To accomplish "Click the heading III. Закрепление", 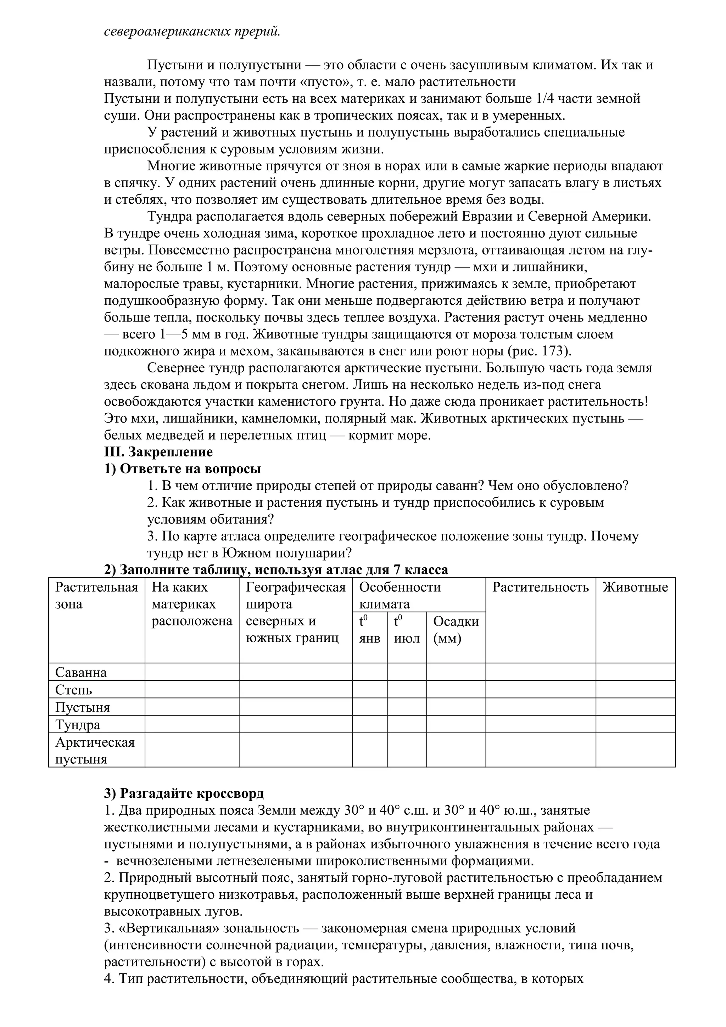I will pos(158,452).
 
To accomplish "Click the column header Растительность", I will pos(540,587).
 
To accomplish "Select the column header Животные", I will pos(635,587).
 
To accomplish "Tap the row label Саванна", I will pos(81,672).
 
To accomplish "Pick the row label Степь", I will pos(73,690).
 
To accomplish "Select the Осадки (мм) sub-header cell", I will pos(456,630).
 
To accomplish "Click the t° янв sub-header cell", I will pos(369,630).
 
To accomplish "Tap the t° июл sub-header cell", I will pos(407,630).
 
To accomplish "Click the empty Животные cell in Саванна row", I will pos(635,672).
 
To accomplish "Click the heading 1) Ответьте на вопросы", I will pos(183,469).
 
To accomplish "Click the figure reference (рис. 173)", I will pos(540,351).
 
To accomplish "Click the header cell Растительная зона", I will pos(96,596).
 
